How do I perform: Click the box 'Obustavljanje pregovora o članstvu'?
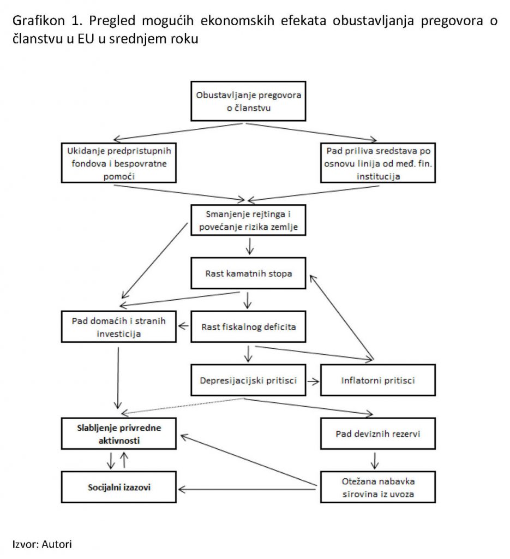pos(248,101)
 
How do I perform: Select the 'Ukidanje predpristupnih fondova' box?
pos(118,163)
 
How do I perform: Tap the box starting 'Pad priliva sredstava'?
pos(378,163)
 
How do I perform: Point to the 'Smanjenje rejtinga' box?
pos(248,220)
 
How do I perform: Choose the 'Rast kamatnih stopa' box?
pos(248,273)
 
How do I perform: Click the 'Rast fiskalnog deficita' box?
pos(248,326)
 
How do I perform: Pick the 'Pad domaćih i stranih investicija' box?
pos(118,326)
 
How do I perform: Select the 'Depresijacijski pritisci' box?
pos(248,380)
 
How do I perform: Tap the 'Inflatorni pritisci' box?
pos(378,380)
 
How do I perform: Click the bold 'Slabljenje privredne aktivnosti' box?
pos(118,433)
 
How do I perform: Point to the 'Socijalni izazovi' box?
pos(118,487)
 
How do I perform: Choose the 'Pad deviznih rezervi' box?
pos(378,433)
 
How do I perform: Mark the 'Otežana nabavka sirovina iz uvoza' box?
pos(378,487)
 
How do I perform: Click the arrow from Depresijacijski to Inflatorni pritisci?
pos(313,381)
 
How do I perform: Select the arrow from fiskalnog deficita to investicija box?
pos(183,326)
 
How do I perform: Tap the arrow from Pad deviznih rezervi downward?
pos(374,461)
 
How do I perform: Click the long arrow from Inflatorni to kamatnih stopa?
pos(341,317)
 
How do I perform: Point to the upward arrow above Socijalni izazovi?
pos(124,460)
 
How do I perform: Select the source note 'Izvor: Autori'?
pos(42,544)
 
